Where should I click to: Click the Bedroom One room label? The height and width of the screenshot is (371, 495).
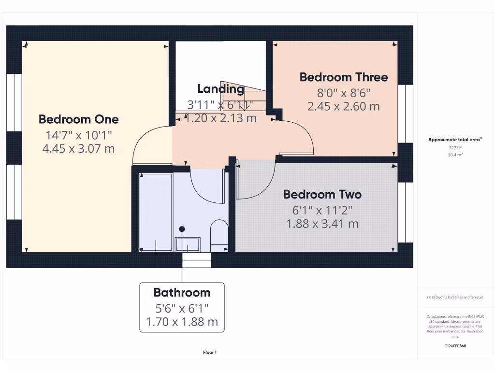pyautogui.click(x=78, y=119)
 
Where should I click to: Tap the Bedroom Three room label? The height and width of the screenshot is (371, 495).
pyautogui.click(x=343, y=77)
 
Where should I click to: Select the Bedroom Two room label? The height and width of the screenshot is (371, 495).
pyautogui.click(x=322, y=195)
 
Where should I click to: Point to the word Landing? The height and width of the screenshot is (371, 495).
pyautogui.click(x=220, y=89)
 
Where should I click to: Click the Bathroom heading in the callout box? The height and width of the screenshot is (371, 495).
pyautogui.click(x=182, y=292)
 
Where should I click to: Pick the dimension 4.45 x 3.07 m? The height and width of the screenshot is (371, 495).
pyautogui.click(x=78, y=149)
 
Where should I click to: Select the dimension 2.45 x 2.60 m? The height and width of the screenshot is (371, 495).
pyautogui.click(x=343, y=107)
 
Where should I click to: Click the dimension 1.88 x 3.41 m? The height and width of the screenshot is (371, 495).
pyautogui.click(x=322, y=224)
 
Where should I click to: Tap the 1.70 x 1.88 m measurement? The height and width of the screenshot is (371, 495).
pyautogui.click(x=182, y=322)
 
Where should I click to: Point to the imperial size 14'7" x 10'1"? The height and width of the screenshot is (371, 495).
pyautogui.click(x=78, y=134)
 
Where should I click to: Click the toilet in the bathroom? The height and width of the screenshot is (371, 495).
pyautogui.click(x=219, y=236)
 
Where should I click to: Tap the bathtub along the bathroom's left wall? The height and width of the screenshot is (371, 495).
pyautogui.click(x=155, y=213)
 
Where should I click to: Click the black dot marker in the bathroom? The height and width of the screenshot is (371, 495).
pyautogui.click(x=182, y=229)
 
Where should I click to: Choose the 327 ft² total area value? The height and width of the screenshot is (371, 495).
pyautogui.click(x=454, y=148)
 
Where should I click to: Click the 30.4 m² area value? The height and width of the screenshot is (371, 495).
pyautogui.click(x=454, y=155)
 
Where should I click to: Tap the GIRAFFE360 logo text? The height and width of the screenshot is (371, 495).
pyautogui.click(x=454, y=346)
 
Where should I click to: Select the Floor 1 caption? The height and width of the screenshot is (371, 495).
pyautogui.click(x=209, y=353)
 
